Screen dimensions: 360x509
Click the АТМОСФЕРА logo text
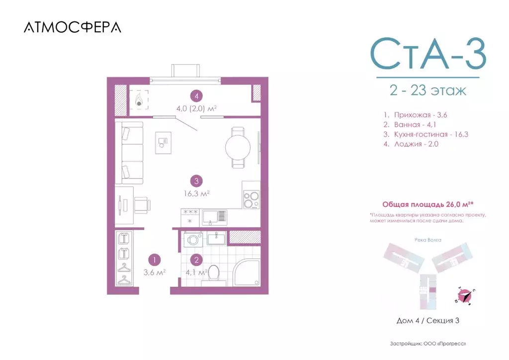(72, 28)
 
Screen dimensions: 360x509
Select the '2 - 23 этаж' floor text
(427, 91)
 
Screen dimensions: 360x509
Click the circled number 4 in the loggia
(197, 96)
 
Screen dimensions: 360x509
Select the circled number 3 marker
(197, 181)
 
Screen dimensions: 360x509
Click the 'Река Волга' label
(427, 239)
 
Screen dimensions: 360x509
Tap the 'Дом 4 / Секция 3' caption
(427, 321)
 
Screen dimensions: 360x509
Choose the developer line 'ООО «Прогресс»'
(427, 344)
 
